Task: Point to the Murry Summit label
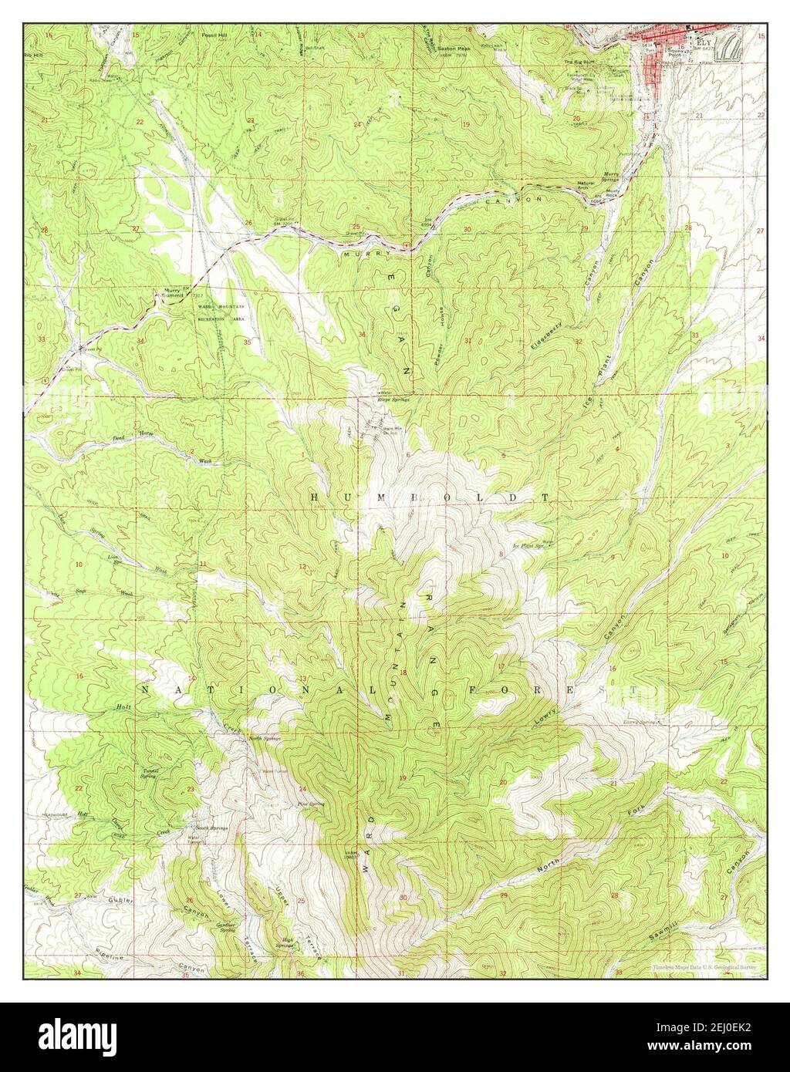[170, 293]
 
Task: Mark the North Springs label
[265, 739]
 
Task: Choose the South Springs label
[208, 827]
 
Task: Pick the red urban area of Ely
[656, 62]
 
